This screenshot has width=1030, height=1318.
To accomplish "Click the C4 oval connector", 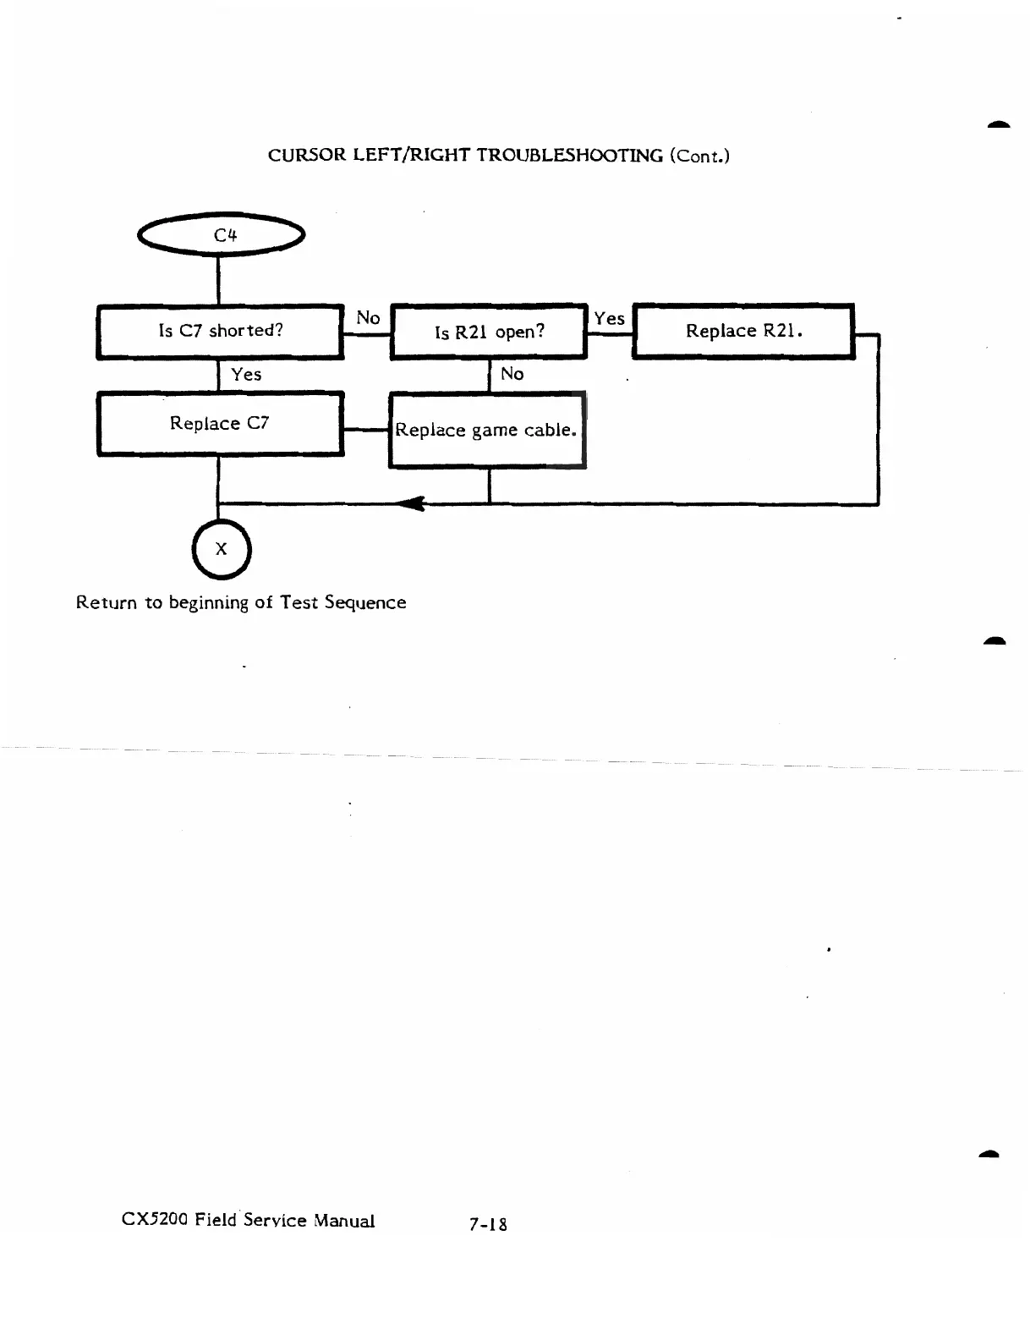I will [222, 235].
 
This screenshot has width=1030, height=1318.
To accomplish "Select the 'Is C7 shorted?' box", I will [220, 331].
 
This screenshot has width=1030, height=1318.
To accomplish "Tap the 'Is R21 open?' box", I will [489, 332].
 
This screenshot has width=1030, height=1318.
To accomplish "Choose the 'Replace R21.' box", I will [743, 331].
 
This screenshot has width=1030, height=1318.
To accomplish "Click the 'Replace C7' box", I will [220, 424].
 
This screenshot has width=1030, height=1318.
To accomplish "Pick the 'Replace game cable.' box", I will [486, 430].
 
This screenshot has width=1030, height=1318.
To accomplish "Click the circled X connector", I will [222, 549].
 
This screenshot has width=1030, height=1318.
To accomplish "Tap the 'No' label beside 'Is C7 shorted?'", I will [368, 318].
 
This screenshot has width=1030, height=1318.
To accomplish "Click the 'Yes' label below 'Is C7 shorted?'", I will [246, 374].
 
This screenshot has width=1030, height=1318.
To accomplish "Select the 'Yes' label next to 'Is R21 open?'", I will [609, 318].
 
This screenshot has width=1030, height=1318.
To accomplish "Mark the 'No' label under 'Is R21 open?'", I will [512, 374].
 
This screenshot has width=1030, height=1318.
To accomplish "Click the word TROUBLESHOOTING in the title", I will [569, 156].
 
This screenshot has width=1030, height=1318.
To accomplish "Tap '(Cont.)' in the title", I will [699, 156].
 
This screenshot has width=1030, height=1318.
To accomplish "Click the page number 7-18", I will [488, 1223].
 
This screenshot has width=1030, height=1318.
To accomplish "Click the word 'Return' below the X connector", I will [106, 603].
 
